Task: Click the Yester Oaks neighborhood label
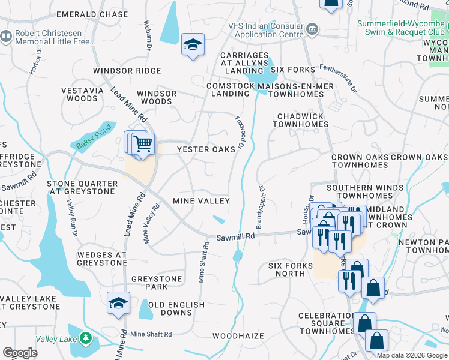[205, 149]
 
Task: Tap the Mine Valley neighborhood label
[201, 201]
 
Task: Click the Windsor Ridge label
[127, 71]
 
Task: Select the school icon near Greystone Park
[118, 302]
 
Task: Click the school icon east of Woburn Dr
[193, 46]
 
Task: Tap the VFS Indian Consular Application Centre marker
[312, 29]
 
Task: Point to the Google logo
[20, 353]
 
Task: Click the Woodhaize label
[238, 336]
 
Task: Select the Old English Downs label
[178, 308]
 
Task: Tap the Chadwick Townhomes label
[300, 120]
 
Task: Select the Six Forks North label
[291, 269]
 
